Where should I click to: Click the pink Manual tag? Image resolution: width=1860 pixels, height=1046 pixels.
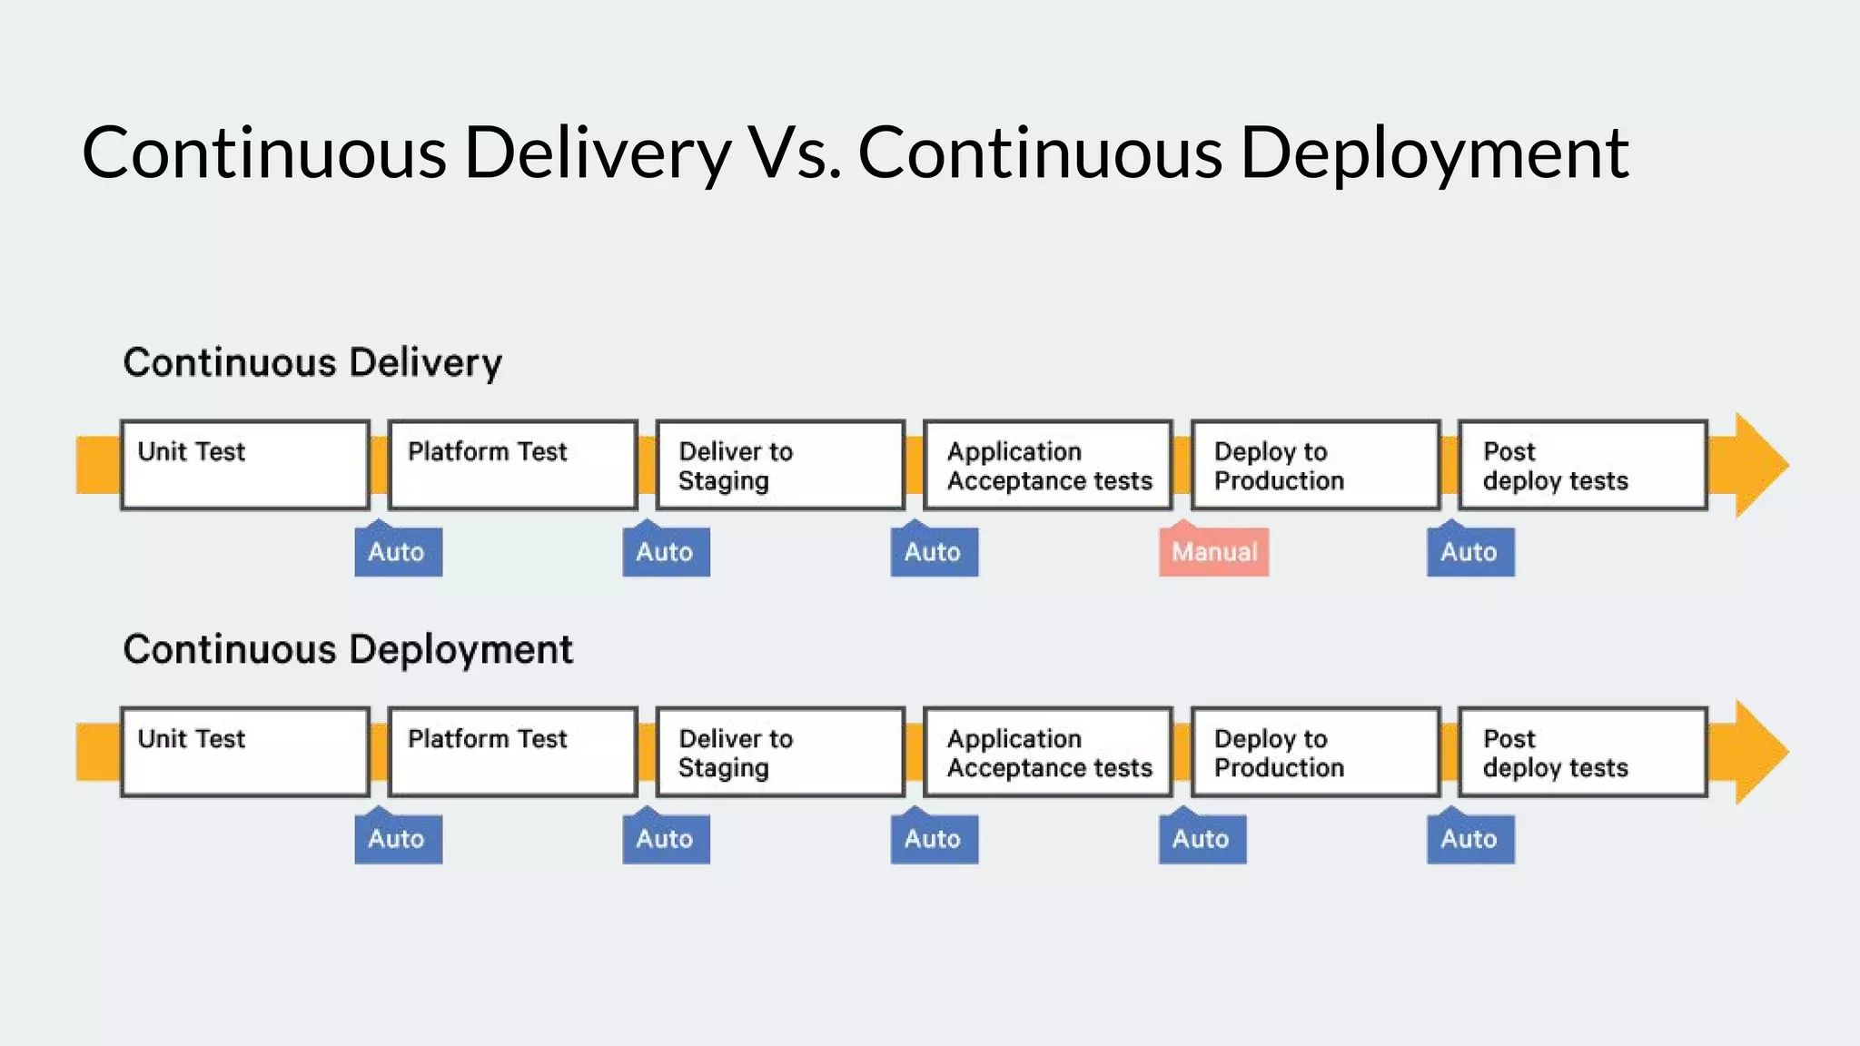click(1213, 552)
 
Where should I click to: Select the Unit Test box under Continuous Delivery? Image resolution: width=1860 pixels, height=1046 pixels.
click(245, 465)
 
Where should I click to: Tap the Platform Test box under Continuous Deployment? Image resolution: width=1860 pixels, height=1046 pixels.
click(513, 752)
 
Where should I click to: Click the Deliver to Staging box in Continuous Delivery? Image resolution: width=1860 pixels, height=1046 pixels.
click(780, 465)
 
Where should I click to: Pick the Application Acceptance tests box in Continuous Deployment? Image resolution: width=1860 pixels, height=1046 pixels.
click(1048, 752)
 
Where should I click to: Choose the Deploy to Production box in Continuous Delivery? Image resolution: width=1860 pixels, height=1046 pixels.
click(1316, 465)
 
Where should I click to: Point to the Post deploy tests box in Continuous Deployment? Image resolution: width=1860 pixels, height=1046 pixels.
click(1583, 752)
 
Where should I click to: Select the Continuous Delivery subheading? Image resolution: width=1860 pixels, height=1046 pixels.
click(312, 363)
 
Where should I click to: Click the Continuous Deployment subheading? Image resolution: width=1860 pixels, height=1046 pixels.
click(348, 650)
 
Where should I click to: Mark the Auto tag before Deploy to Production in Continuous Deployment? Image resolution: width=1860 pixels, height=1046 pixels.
click(1202, 839)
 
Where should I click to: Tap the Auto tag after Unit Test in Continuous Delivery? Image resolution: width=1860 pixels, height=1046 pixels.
click(398, 552)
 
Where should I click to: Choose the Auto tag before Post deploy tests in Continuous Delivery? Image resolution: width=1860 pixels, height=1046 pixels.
click(1470, 552)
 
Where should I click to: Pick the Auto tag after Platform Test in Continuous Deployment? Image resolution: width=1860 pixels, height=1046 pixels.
click(666, 839)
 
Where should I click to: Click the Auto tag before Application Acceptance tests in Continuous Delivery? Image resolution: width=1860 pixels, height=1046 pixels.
click(934, 552)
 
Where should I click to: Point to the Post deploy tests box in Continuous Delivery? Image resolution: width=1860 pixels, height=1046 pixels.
click(1583, 465)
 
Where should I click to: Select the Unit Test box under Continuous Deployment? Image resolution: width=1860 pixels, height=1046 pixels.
click(245, 752)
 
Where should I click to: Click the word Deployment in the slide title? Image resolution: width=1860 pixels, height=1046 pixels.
click(1434, 153)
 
